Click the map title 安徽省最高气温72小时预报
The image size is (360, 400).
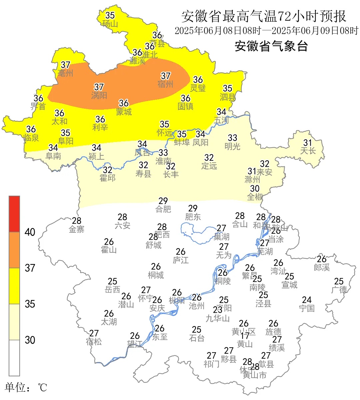point(264,16)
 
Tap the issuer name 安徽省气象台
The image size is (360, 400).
point(271,46)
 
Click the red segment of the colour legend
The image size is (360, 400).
point(14,214)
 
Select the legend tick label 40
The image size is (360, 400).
point(30,232)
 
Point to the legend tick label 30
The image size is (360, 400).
point(30,340)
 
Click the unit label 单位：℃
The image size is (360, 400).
point(26,387)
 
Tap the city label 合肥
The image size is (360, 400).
point(163,209)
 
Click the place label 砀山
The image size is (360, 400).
point(110,24)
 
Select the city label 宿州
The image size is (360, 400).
point(165,84)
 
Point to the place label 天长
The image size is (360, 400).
point(308,151)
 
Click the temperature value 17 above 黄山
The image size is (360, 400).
point(245,336)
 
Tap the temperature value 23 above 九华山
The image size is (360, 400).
point(218,310)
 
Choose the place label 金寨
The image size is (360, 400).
point(76,229)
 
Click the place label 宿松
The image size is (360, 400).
point(94,342)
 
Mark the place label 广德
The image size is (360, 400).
point(339,290)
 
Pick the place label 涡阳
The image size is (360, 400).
point(99,95)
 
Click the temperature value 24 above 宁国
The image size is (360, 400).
point(307,300)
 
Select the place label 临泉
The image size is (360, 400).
point(31,138)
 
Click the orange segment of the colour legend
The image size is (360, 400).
point(14,250)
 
